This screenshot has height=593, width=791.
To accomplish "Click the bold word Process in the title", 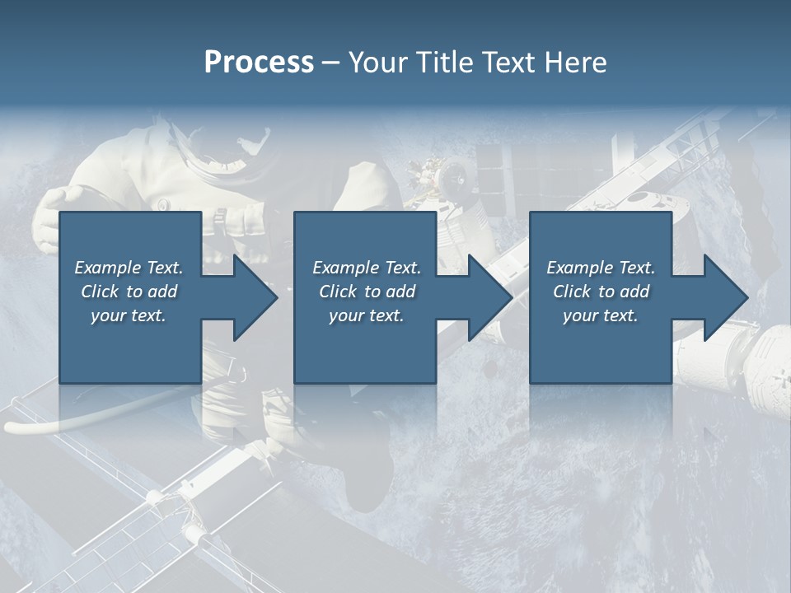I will point(259,63).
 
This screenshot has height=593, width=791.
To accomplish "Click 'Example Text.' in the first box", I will point(129,268).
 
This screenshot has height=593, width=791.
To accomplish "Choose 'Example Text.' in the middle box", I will point(366,268).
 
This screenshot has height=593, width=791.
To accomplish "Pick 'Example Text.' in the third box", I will point(601,268).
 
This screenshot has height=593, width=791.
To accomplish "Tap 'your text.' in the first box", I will point(129,315).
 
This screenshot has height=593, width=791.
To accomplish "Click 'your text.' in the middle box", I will point(366,315).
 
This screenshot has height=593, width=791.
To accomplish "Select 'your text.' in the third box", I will point(601,315).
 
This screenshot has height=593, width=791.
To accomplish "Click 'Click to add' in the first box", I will point(129,292).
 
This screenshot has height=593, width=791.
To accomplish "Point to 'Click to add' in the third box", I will point(601,292).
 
